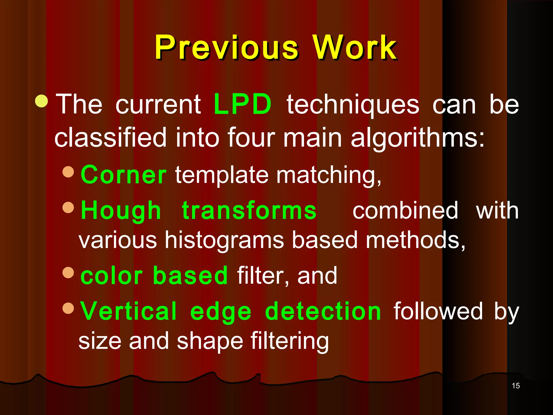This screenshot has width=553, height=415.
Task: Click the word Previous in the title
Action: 226,48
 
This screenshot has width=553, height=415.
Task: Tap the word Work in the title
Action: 354,48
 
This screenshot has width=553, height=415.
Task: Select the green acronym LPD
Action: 242,104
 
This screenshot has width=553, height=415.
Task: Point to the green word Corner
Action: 123,175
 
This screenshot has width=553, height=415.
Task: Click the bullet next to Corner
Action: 68,172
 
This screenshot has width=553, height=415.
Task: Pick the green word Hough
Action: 121,211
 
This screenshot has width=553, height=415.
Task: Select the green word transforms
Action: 249,211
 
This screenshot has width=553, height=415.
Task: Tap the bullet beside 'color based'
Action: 68,272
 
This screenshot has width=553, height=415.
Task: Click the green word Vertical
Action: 129,311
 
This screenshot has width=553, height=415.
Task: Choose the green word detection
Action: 323,311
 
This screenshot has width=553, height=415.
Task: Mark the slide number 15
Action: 516,386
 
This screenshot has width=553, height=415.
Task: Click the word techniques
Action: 353,105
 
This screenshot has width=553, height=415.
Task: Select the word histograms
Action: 224,240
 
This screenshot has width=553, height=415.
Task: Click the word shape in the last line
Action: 210,341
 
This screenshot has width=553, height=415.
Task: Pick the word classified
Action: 110,138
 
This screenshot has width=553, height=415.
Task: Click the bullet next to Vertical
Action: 68,308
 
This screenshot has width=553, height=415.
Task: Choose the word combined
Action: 405,211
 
